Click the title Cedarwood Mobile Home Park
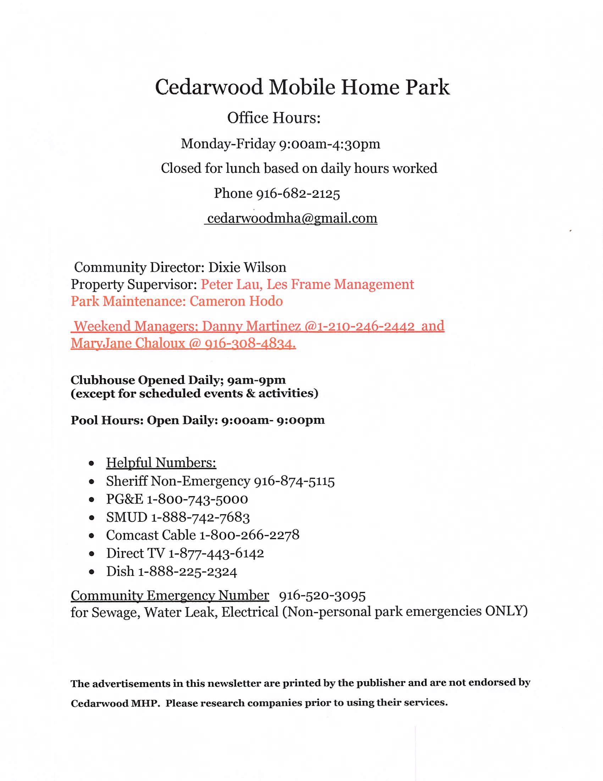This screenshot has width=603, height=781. click(302, 87)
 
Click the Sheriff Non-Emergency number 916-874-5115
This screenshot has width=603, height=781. click(294, 481)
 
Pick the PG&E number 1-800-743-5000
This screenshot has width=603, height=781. click(197, 499)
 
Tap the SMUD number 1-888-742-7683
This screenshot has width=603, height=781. click(200, 517)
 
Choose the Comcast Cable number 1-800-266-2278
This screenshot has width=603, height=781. click(249, 535)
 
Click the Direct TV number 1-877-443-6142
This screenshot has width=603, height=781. click(216, 553)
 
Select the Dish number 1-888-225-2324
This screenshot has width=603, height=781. click(188, 572)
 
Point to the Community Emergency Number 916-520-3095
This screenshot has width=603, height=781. click(322, 596)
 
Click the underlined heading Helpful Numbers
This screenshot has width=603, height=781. click(161, 463)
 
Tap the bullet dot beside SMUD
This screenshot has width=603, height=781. click(92, 518)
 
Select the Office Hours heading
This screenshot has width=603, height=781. click(273, 118)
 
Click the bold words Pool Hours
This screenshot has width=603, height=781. click(107, 420)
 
